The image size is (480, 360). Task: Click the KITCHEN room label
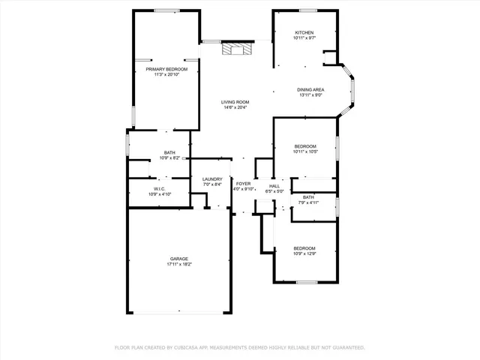click(x=304, y=33)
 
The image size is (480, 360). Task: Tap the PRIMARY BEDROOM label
click(x=166, y=69)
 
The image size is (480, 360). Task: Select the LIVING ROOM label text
click(x=235, y=102)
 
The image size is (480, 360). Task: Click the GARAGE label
click(x=178, y=259)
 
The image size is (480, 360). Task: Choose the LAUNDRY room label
click(x=212, y=179)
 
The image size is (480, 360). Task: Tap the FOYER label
click(x=243, y=184)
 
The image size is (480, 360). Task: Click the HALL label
click(x=274, y=186)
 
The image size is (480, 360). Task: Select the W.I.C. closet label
click(x=160, y=189)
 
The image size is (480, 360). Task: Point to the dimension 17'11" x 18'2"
click(x=178, y=264)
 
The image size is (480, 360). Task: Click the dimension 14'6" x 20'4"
click(x=235, y=107)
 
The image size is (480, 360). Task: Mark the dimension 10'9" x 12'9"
click(x=304, y=253)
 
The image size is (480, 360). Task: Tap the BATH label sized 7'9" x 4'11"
click(x=308, y=197)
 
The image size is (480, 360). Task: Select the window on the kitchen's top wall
click(x=306, y=10)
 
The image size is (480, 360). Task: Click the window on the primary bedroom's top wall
click(x=166, y=10)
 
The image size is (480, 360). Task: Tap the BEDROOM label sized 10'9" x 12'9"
click(x=304, y=248)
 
